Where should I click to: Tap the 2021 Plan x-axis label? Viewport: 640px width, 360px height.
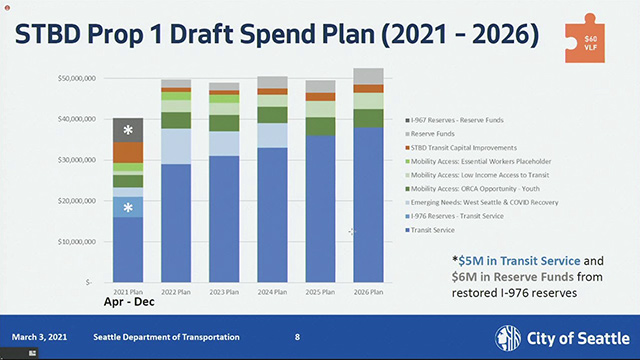pos(128,291)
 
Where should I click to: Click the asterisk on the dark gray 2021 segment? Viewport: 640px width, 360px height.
pos(128,131)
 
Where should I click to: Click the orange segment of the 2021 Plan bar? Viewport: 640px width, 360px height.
pos(128,152)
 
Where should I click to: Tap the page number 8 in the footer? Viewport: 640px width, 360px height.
pos(297,337)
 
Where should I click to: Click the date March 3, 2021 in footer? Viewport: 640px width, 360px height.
pos(39,337)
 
